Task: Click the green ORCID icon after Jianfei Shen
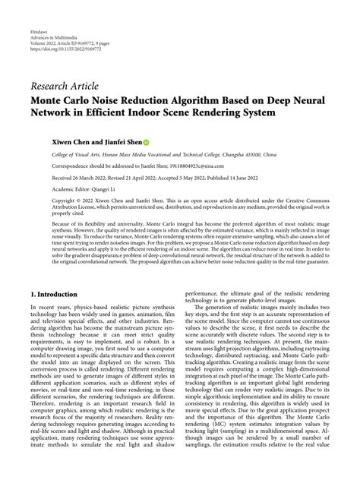tap(147, 142)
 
